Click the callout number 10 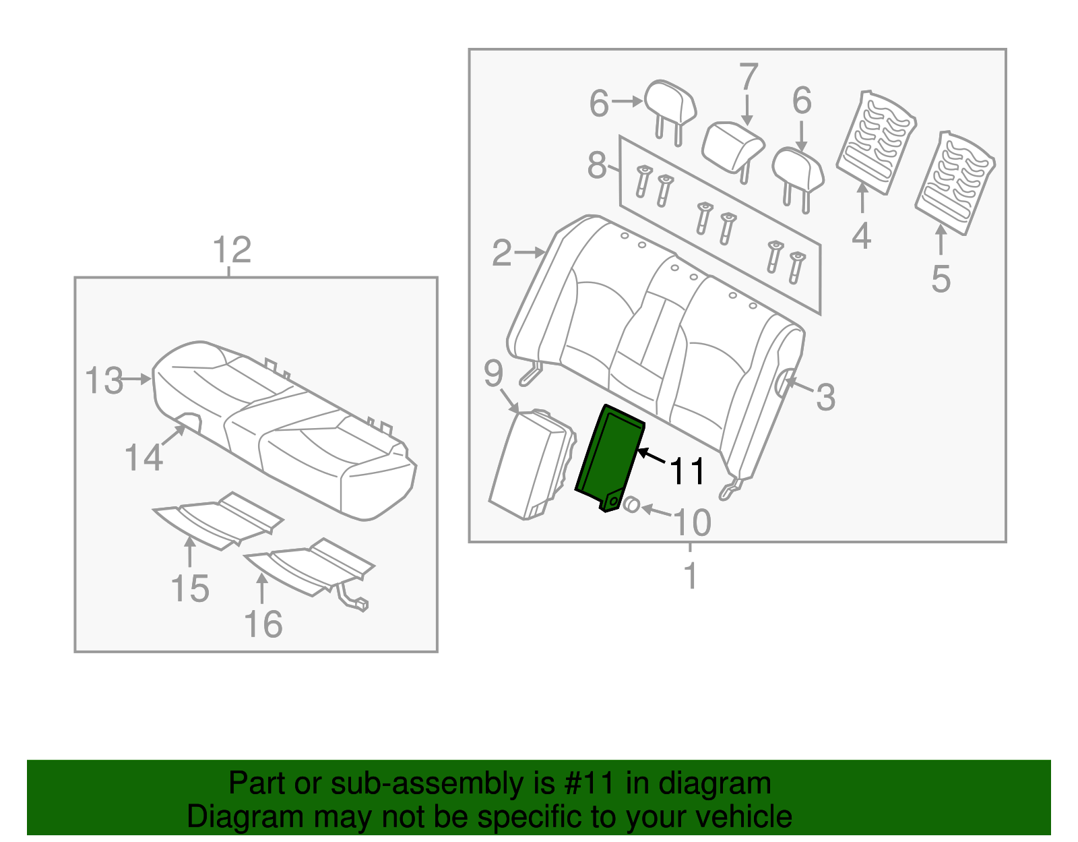pos(692,522)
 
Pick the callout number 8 pos(597,165)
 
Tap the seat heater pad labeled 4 pos(875,142)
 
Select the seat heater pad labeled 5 pos(955,182)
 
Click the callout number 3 pos(825,397)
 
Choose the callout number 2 pos(502,253)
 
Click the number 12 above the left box pos(232,250)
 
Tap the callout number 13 pos(104,381)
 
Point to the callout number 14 pos(144,458)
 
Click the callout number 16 pos(263,624)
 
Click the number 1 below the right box pos(691,576)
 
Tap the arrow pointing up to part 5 pos(941,239)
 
